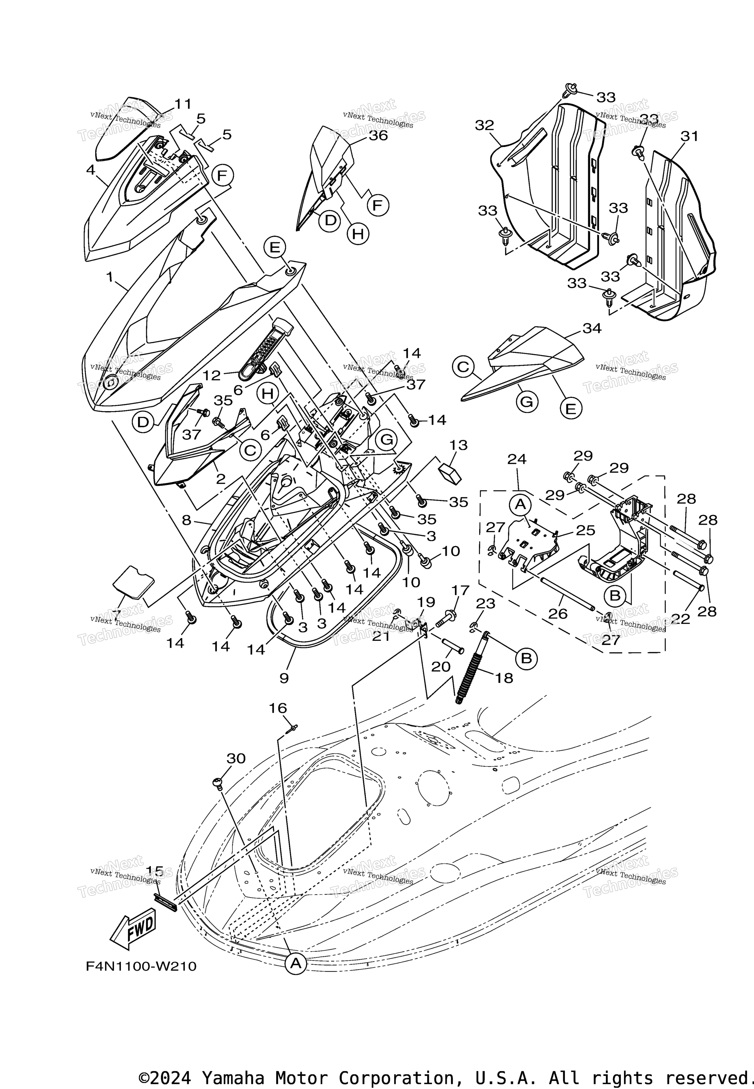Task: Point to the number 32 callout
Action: coord(484,125)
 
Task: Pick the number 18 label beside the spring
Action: coord(505,678)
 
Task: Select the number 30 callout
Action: coord(236,758)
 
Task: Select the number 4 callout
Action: coord(91,169)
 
